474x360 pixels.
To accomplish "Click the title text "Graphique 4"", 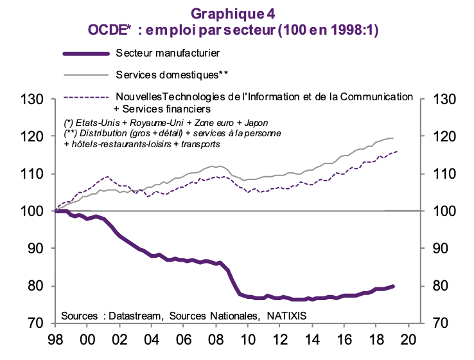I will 237,14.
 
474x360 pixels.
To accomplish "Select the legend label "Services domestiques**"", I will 172,74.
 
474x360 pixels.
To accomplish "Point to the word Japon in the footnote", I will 255,123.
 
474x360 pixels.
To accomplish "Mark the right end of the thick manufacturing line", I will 393,286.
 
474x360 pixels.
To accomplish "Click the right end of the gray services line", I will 393,139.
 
